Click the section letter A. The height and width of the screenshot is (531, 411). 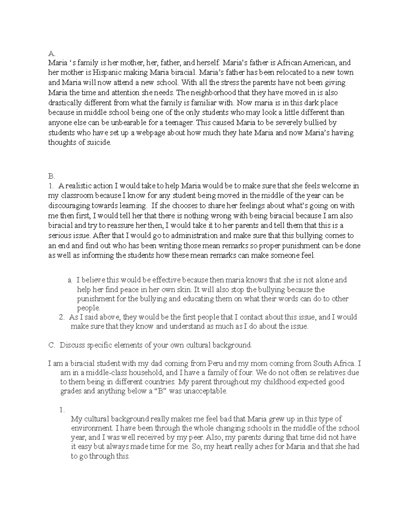point(51,53)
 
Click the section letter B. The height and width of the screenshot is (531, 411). point(51,176)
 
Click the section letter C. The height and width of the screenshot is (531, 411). point(52,345)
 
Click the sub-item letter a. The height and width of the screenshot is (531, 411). point(70,280)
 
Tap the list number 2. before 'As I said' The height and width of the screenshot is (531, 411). point(62,317)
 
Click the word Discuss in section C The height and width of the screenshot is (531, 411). point(72,345)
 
